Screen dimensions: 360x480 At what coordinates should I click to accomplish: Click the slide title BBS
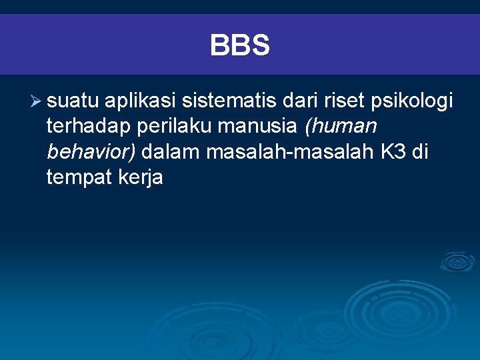tap(240, 46)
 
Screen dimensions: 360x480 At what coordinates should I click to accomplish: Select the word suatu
tap(73, 101)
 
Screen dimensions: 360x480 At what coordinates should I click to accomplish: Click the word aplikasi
tap(139, 103)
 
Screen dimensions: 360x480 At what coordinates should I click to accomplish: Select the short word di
tap(420, 152)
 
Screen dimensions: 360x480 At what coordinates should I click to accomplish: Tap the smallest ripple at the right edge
tap(458, 261)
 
